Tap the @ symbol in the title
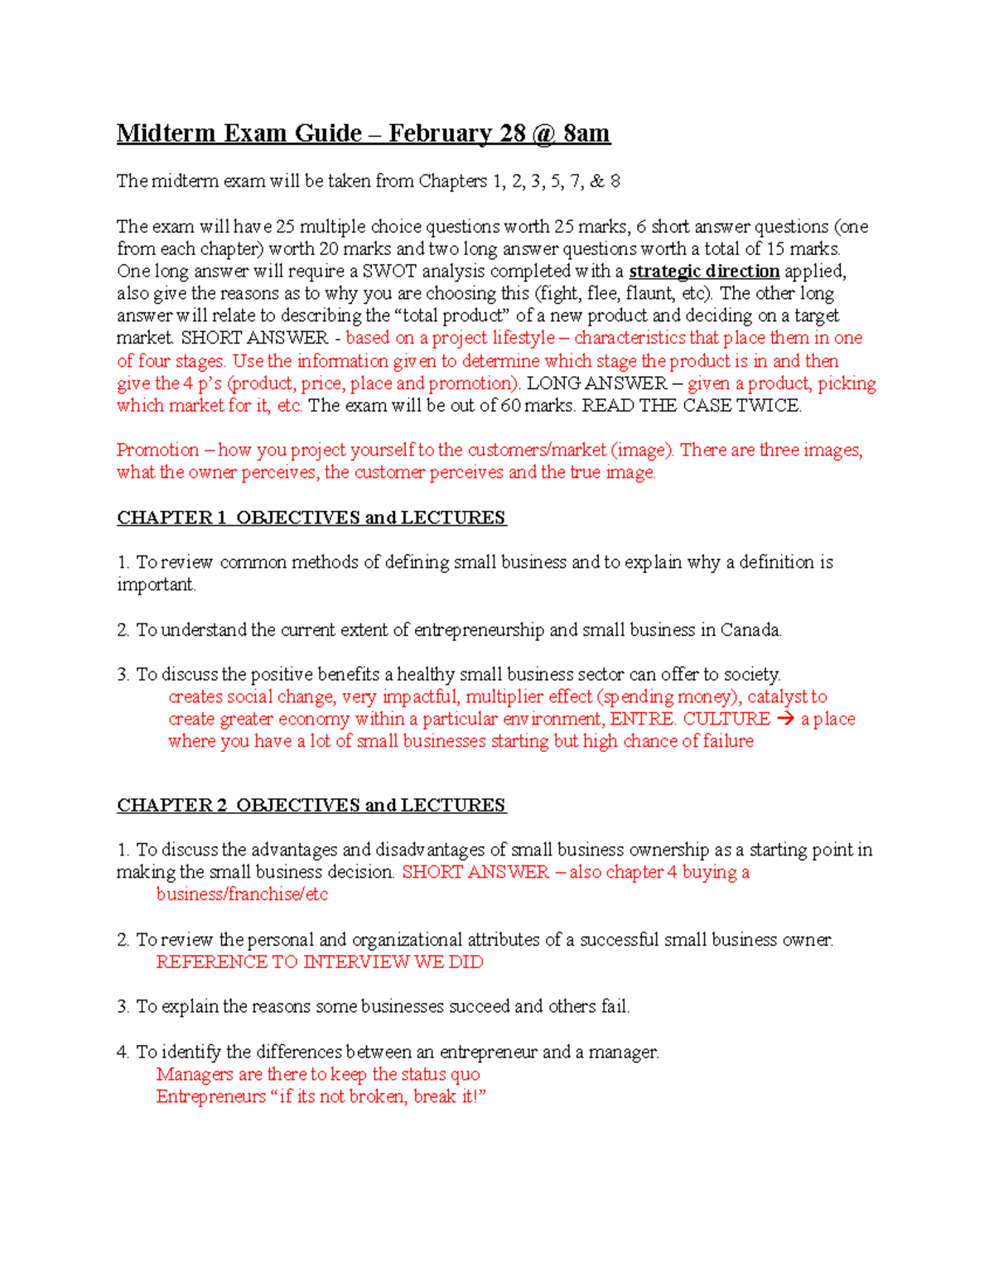tap(543, 133)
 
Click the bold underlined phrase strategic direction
tap(704, 272)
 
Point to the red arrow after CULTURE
tap(785, 719)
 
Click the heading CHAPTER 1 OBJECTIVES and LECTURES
tap(311, 518)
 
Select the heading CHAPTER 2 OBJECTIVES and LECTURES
tap(311, 805)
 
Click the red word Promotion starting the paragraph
tap(157, 450)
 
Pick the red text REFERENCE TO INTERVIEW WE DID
tap(320, 962)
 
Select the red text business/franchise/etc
tap(242, 894)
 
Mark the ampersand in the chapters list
tap(596, 181)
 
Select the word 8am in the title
tap(586, 133)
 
